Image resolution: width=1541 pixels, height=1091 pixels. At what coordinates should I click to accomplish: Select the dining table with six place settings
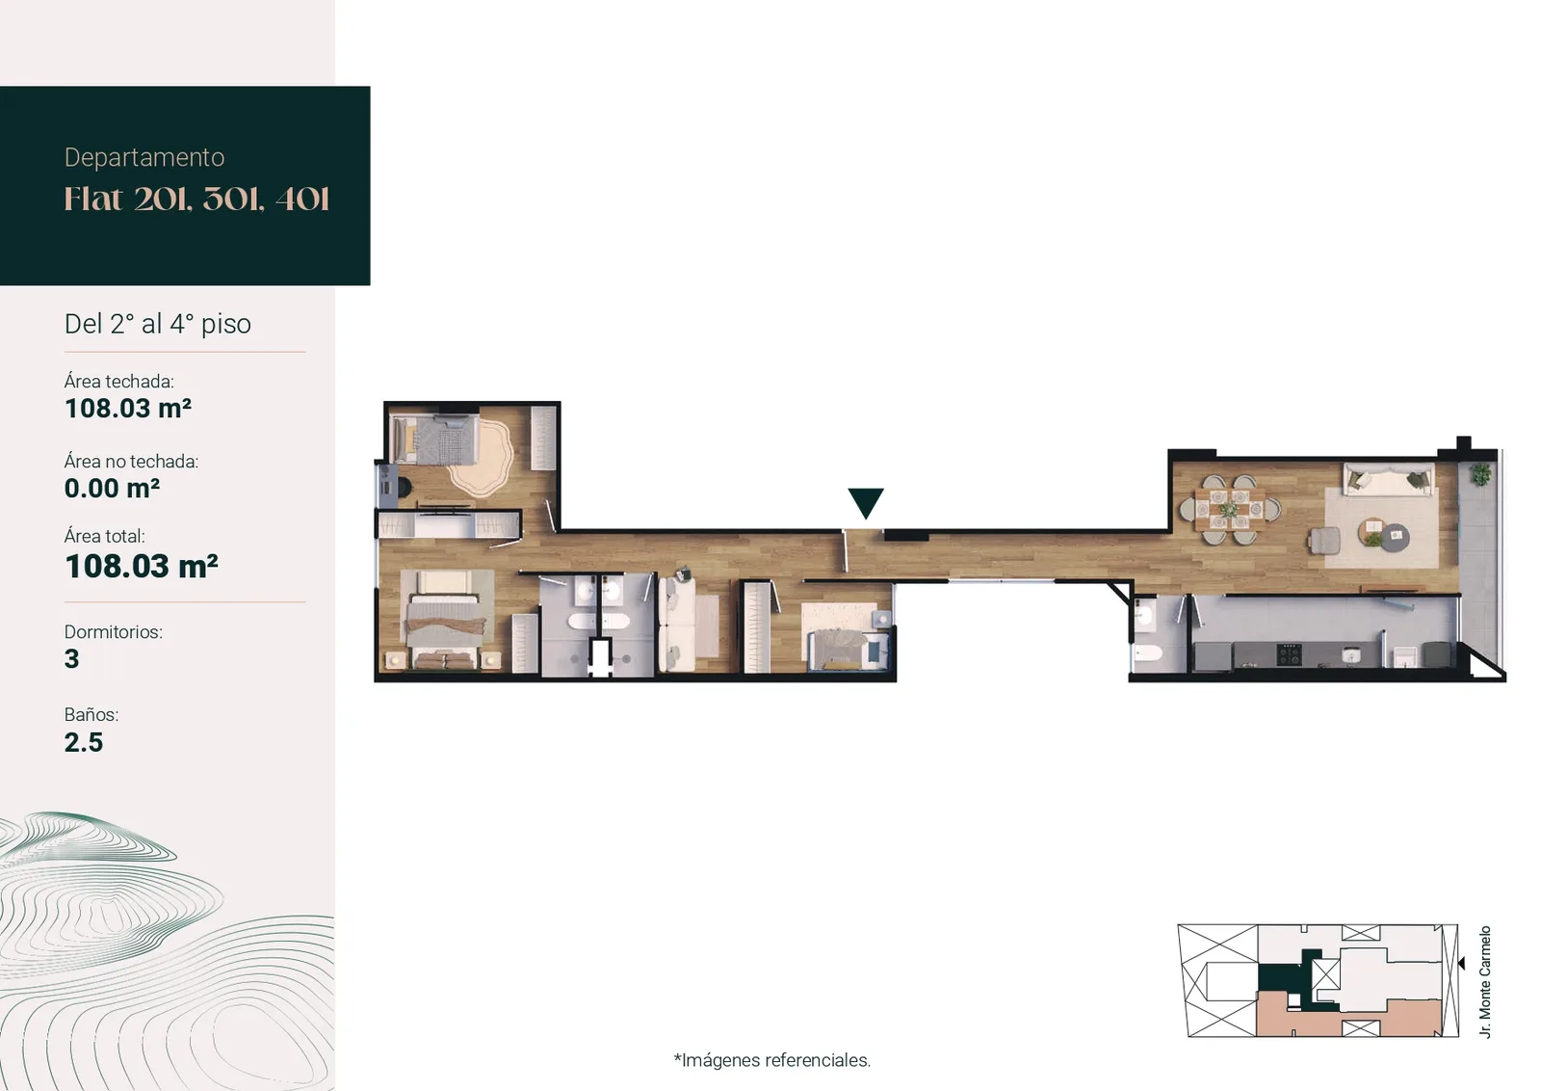pyautogui.click(x=1229, y=510)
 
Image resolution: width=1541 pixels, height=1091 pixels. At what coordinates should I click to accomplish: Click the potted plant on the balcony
pyautogui.click(x=1480, y=473)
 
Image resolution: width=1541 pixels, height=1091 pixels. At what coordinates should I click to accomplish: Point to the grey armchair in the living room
pyautogui.click(x=1324, y=541)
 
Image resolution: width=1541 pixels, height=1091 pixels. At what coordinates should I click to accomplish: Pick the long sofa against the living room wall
pyautogui.click(x=1388, y=480)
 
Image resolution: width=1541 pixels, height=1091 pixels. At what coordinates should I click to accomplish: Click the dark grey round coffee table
pyautogui.click(x=1396, y=538)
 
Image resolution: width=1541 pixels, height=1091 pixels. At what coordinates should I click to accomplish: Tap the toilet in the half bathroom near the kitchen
pyautogui.click(x=1147, y=653)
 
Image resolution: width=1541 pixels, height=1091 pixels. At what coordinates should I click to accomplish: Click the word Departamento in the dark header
pyautogui.click(x=144, y=158)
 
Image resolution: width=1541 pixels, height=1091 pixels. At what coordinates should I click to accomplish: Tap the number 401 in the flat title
pyautogui.click(x=302, y=200)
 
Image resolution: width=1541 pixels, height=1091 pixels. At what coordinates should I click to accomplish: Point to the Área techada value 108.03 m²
pyautogui.click(x=128, y=409)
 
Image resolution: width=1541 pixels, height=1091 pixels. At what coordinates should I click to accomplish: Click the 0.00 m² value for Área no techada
pyautogui.click(x=112, y=488)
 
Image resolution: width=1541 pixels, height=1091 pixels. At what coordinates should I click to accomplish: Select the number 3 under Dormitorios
pyautogui.click(x=71, y=658)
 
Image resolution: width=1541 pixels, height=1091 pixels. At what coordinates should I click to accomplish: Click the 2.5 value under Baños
pyautogui.click(x=83, y=742)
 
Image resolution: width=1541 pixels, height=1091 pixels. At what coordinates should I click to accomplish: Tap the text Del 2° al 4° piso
pyautogui.click(x=158, y=324)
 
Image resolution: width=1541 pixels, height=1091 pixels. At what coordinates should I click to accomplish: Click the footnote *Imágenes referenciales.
pyautogui.click(x=771, y=1060)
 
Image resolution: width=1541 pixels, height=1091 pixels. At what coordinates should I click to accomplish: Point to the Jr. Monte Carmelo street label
pyautogui.click(x=1484, y=981)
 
